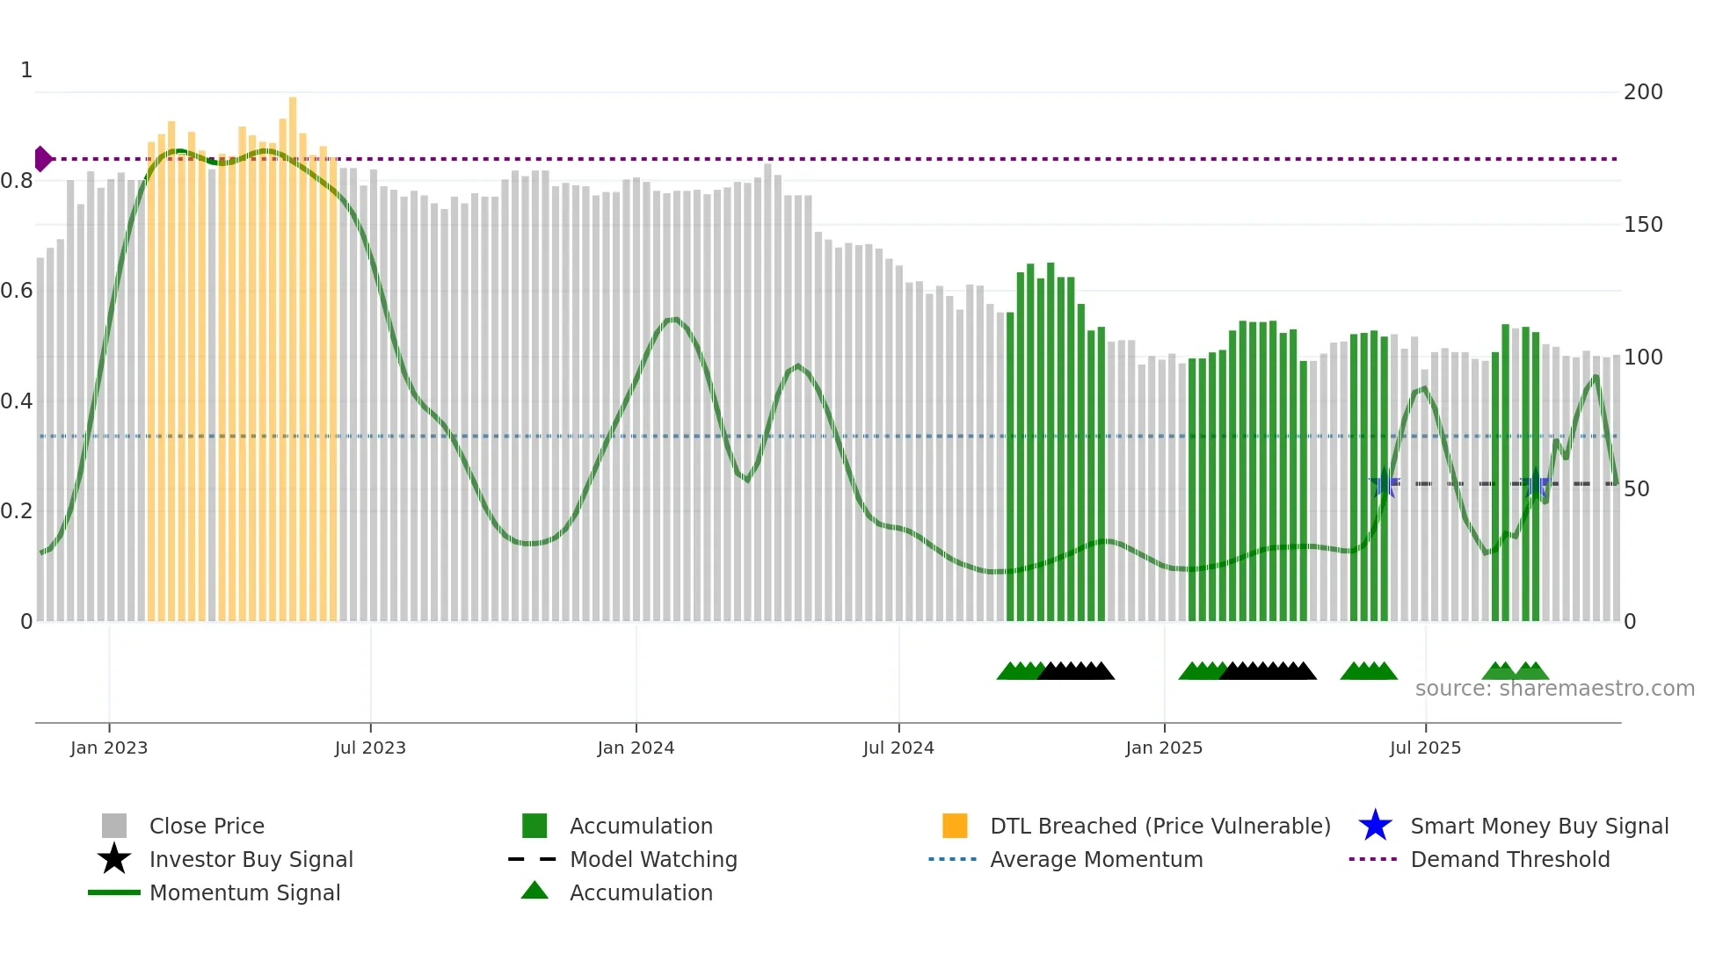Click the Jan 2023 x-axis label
pos(109,748)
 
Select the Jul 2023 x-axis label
pos(370,748)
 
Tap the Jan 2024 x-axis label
pos(636,748)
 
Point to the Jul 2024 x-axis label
pos(898,748)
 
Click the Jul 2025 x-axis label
pos(1425,748)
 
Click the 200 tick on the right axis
pos(1643,92)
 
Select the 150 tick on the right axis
pos(1643,225)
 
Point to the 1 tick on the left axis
pos(26,70)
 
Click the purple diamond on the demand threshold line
pos(42,159)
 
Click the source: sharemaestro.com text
pos(1554,689)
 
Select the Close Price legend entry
pos(207,826)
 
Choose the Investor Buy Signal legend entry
pos(251,859)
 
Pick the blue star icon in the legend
pos(1375,826)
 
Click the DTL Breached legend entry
pos(1160,826)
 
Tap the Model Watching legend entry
pos(653,859)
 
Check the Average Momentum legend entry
pos(1096,859)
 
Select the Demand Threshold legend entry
pos(1509,859)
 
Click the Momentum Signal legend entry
pos(244,892)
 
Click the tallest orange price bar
pos(293,351)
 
